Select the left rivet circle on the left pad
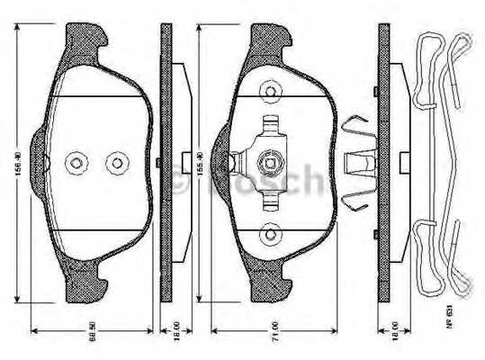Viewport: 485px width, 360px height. coord(76,163)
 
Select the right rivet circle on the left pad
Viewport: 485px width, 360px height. coord(114,163)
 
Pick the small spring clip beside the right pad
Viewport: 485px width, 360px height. coord(357,163)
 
